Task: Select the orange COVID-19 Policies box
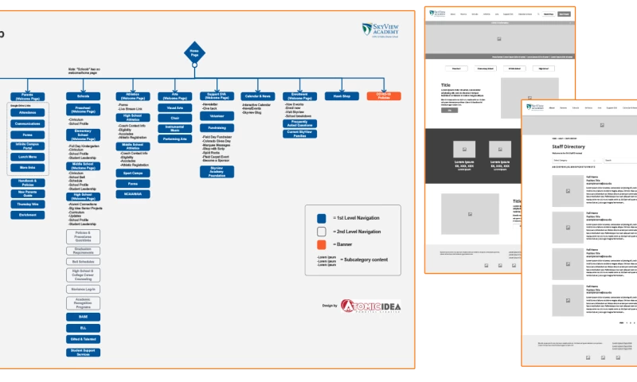click(x=383, y=95)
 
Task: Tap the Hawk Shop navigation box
click(x=342, y=95)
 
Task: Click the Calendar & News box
click(x=257, y=95)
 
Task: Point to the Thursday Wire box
click(x=27, y=204)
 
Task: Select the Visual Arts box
click(x=175, y=107)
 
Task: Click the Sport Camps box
click(x=132, y=172)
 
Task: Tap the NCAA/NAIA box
click(x=132, y=193)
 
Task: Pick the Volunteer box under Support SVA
click(x=217, y=116)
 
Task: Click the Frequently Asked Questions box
click(x=299, y=123)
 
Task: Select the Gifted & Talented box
click(x=84, y=339)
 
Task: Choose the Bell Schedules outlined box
click(x=84, y=261)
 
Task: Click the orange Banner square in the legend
click(x=321, y=244)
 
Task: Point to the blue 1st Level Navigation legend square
click(x=321, y=217)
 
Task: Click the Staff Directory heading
click(x=568, y=147)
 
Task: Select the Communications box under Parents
click(x=27, y=124)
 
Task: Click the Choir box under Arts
click(x=175, y=118)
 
